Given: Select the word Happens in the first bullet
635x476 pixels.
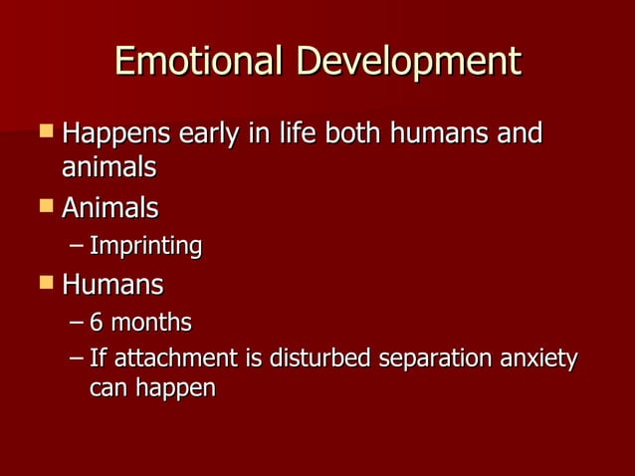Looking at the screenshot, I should (117, 133).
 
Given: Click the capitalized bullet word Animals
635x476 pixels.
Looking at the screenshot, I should (109, 209).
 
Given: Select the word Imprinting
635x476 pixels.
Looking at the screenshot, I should (145, 246).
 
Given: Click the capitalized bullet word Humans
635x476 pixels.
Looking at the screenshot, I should (112, 285).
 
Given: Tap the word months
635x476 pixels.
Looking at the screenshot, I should (150, 323).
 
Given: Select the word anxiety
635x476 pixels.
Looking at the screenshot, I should (540, 358).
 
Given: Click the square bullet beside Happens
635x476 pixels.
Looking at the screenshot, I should (45, 131).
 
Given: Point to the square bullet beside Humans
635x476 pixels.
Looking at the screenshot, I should (45, 284).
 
